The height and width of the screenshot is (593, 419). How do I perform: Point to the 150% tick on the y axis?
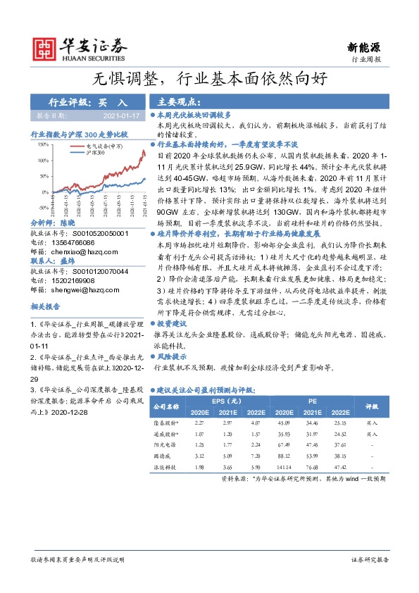pyautogui.click(x=43, y=144)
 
